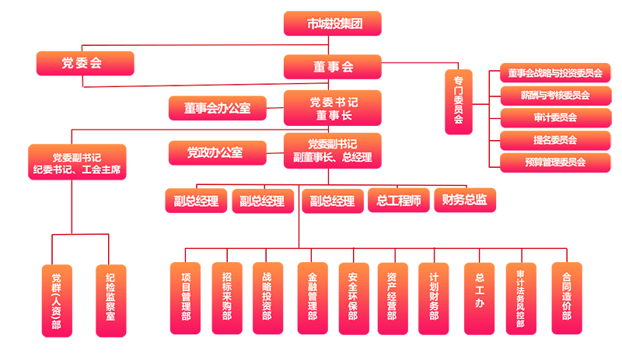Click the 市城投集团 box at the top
click(x=334, y=24)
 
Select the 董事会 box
click(x=333, y=65)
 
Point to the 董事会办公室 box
click(x=217, y=108)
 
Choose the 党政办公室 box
click(x=215, y=152)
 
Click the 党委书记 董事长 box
click(x=334, y=108)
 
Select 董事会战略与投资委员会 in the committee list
click(x=554, y=73)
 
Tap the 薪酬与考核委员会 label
click(x=554, y=96)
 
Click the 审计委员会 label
click(x=554, y=117)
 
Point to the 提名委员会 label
click(x=554, y=140)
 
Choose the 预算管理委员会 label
click(x=554, y=163)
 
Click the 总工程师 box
click(x=398, y=201)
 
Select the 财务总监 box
click(x=464, y=200)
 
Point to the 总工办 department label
click(x=480, y=289)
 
